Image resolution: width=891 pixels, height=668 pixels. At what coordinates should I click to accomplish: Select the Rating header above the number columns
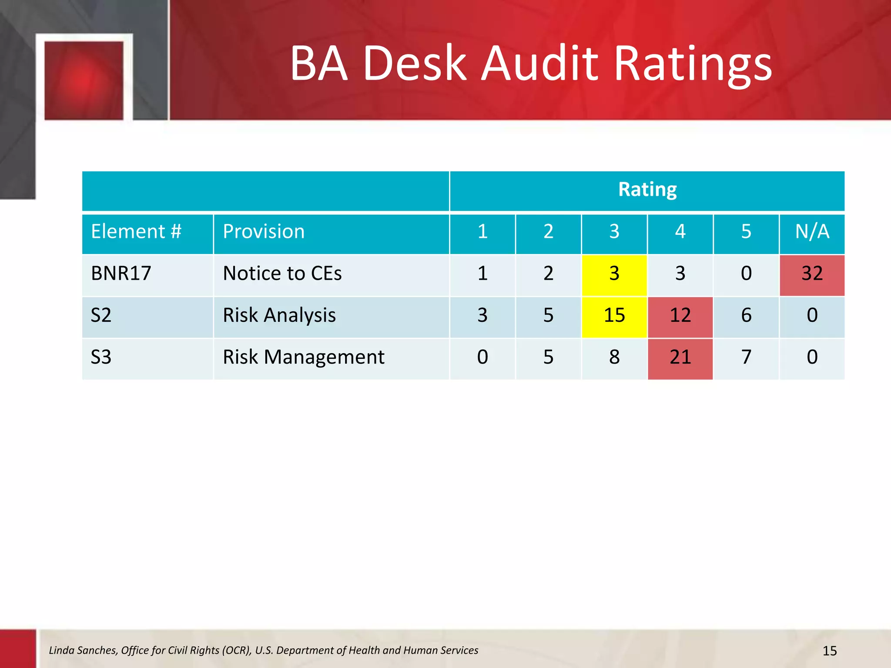[x=647, y=190]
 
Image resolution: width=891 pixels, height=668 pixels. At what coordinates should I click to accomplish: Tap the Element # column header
[x=136, y=231]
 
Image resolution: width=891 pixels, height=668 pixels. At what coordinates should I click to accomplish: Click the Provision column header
[x=264, y=231]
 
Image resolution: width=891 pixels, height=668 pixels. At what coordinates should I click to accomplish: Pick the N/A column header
[x=812, y=231]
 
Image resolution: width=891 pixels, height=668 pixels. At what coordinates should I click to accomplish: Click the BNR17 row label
[x=121, y=274]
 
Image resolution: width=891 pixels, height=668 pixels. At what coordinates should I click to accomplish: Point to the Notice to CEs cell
[x=282, y=274]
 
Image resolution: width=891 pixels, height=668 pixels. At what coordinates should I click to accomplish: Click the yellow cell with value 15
[x=614, y=315]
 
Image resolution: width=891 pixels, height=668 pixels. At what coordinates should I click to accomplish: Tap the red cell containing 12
[x=680, y=315]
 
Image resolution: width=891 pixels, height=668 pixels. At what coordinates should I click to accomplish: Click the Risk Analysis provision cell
[x=279, y=315]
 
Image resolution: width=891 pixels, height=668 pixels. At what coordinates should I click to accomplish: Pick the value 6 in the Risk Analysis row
[x=746, y=315]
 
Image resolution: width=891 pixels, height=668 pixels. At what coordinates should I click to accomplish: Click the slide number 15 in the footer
[x=830, y=651]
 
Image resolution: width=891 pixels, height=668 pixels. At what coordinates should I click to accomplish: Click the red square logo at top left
[x=84, y=80]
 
